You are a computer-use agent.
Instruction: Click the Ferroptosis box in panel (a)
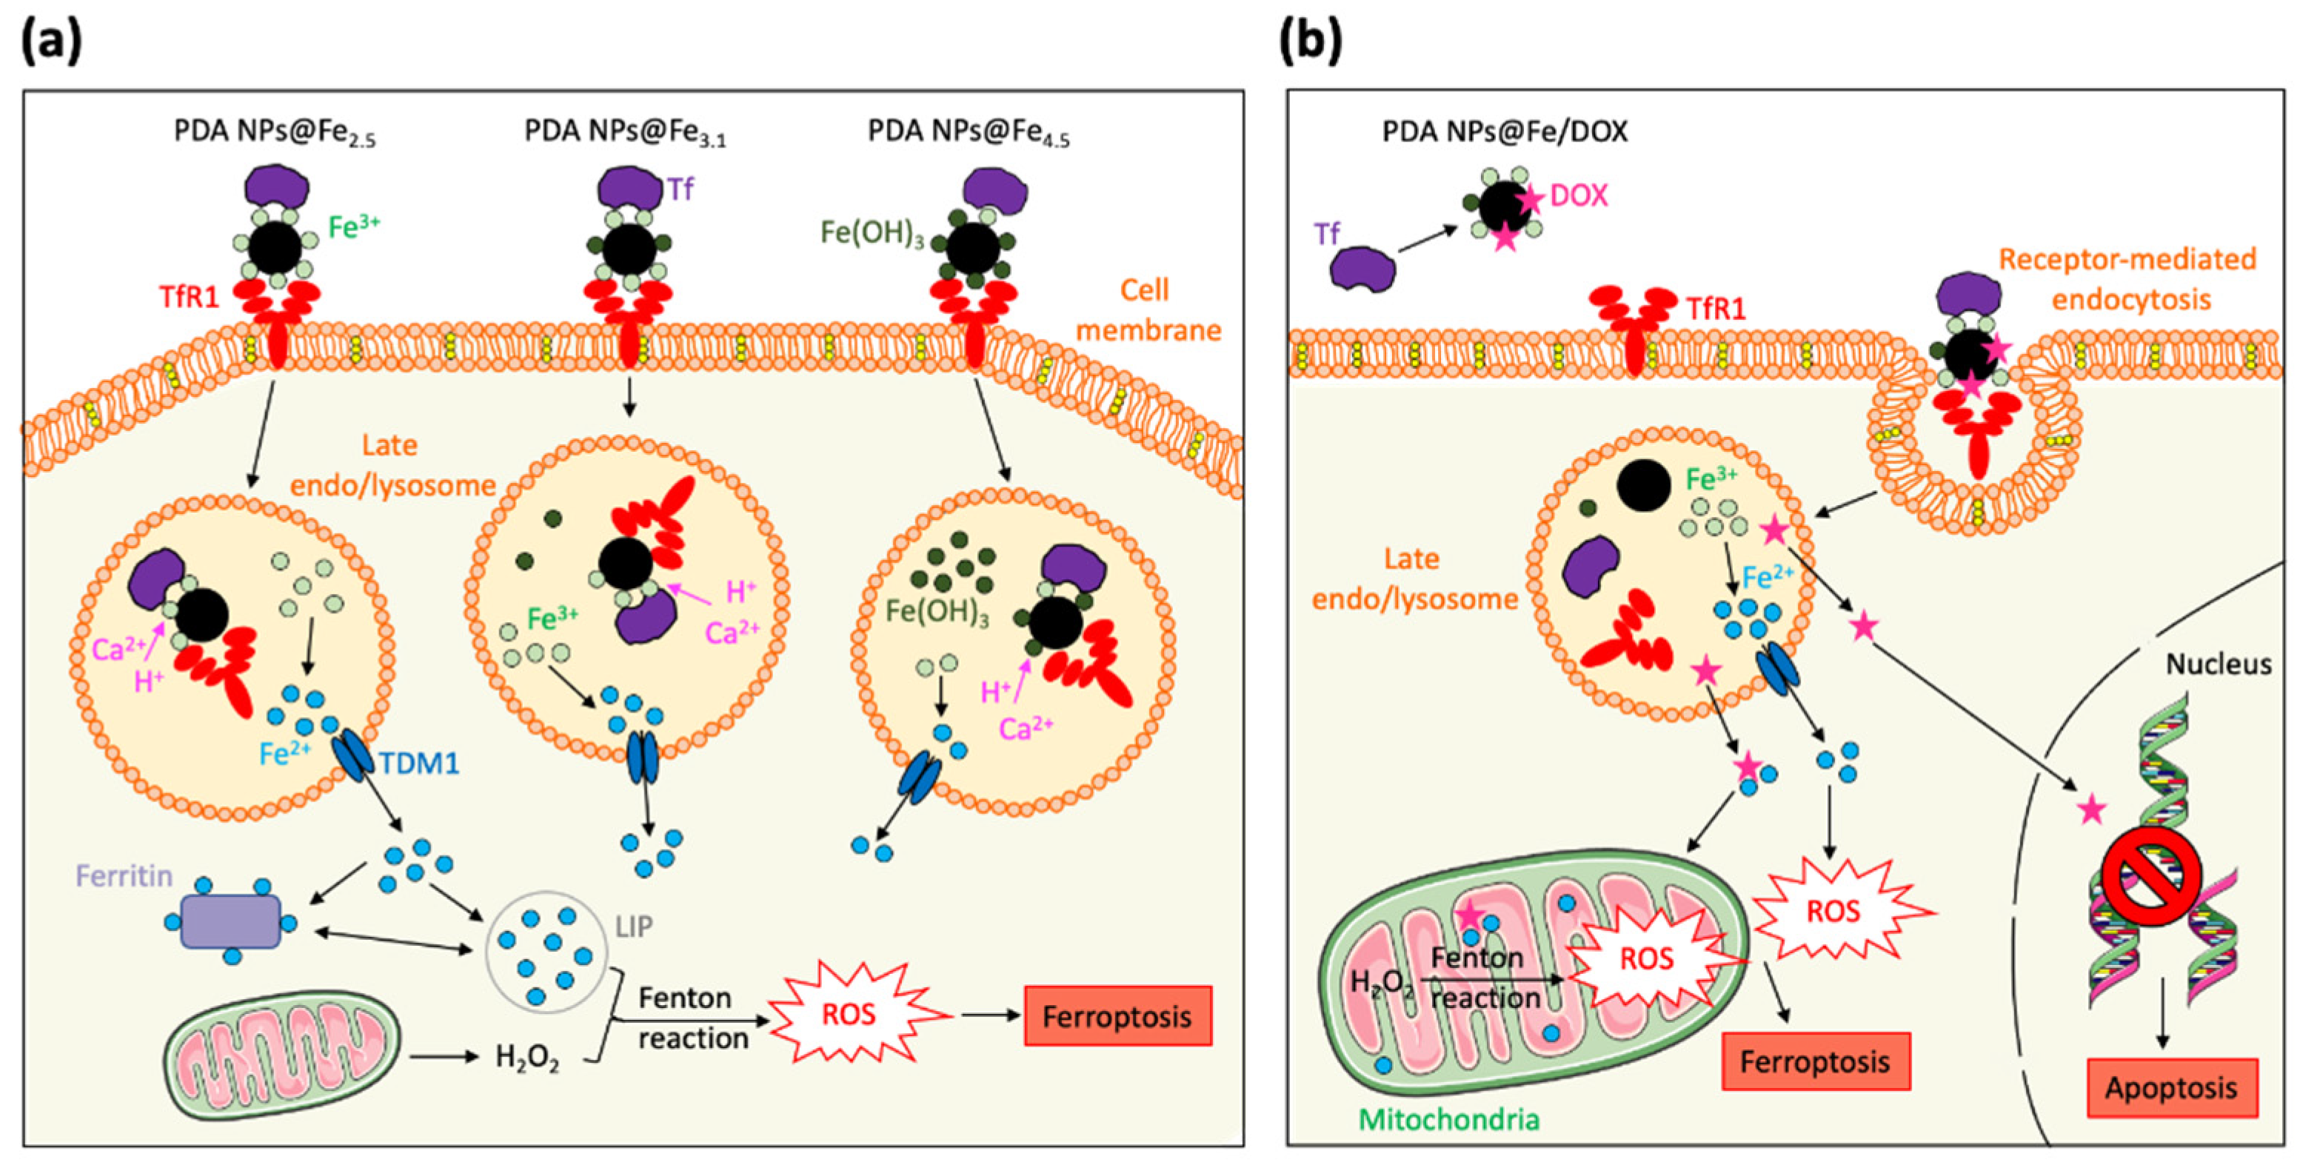point(1117,1015)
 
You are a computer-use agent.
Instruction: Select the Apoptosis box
point(2171,1088)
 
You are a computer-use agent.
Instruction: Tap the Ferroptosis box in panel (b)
point(1816,1061)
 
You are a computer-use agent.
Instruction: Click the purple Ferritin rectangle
point(231,921)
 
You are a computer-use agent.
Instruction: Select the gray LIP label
point(634,927)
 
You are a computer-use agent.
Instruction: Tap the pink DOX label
point(1579,196)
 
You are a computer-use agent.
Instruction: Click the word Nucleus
point(2219,664)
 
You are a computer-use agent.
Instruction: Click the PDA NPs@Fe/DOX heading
point(1505,131)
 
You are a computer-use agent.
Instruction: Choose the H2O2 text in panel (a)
point(527,1058)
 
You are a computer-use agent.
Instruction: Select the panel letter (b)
point(1310,40)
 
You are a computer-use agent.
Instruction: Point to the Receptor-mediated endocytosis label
point(2127,279)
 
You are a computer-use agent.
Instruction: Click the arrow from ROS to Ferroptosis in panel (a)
point(989,1015)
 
